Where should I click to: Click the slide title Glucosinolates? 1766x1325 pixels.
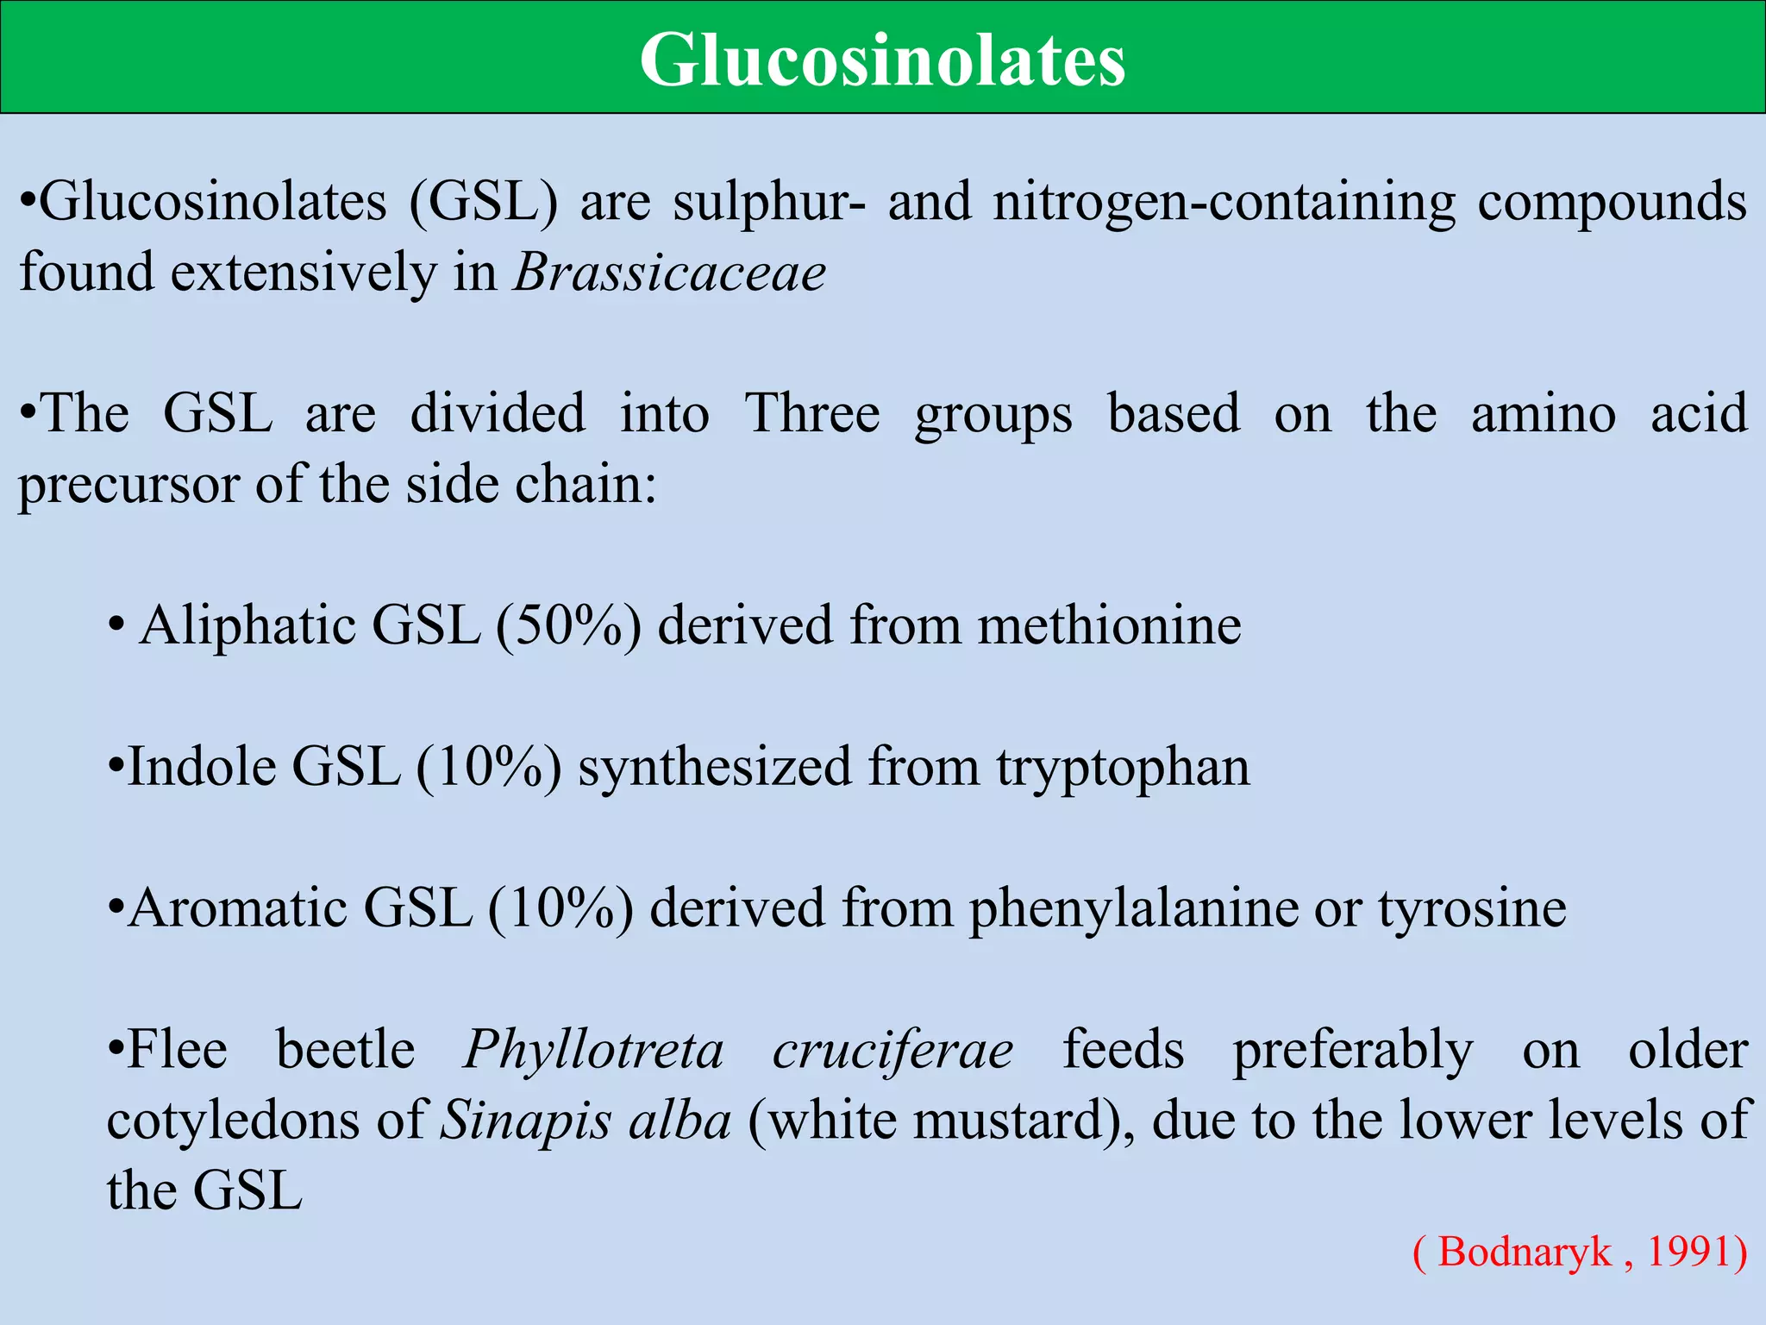click(x=882, y=60)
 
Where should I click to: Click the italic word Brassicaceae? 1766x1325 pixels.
click(x=669, y=273)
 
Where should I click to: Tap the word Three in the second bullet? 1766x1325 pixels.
click(x=812, y=413)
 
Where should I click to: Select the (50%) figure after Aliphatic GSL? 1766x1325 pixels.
click(x=568, y=625)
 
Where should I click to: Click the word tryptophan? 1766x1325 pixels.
click(x=1123, y=767)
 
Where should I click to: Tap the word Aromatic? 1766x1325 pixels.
click(x=238, y=908)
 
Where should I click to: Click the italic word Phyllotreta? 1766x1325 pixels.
click(x=593, y=1051)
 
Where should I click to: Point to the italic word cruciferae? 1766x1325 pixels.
click(x=892, y=1051)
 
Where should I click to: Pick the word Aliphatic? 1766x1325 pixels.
click(x=247, y=625)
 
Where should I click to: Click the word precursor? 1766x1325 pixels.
click(x=128, y=485)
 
